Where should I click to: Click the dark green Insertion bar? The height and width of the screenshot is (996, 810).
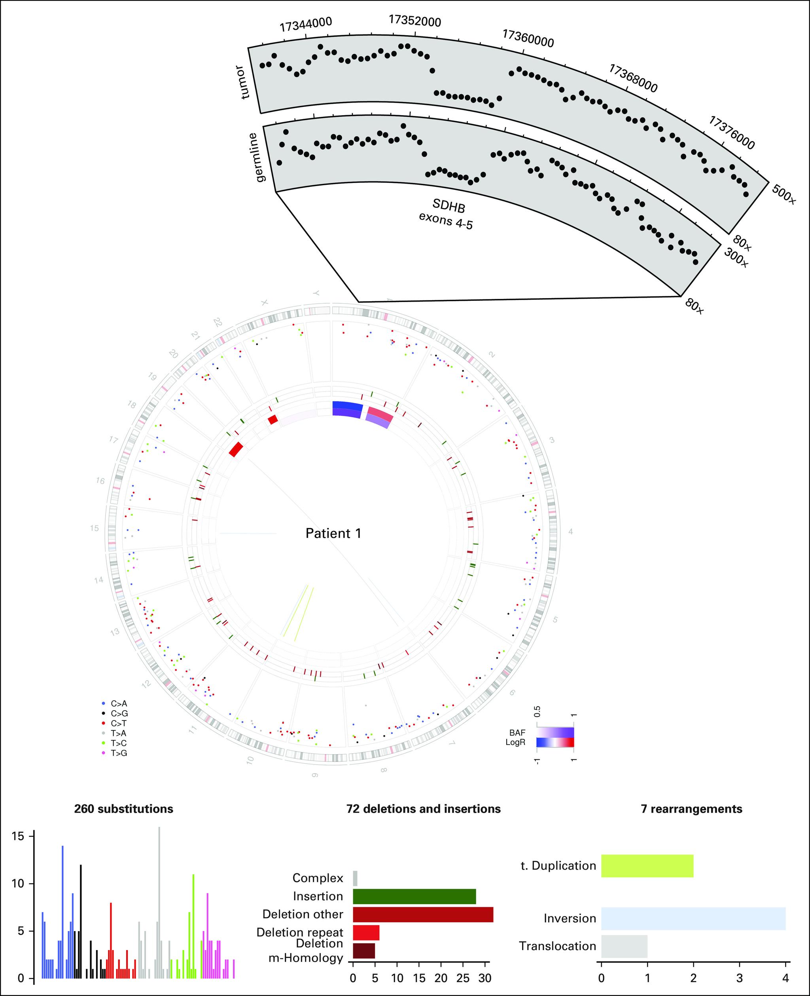[x=414, y=896]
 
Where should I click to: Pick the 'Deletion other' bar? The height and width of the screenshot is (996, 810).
[x=423, y=914]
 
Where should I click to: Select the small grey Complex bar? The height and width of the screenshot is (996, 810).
[x=355, y=878]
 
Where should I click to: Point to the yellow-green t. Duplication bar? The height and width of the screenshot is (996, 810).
[x=647, y=866]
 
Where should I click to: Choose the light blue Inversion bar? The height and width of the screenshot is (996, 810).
[x=693, y=918]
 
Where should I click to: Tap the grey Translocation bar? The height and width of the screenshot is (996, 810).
[x=624, y=946]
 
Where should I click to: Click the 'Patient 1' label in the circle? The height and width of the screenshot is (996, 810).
[x=333, y=533]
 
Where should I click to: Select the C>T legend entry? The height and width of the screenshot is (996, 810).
[x=119, y=723]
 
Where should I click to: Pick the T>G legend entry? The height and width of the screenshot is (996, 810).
[x=119, y=753]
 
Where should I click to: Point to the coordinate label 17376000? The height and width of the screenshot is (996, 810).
[x=731, y=133]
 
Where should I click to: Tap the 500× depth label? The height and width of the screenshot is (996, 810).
[x=784, y=194]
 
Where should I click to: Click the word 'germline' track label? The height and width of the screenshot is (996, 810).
[x=257, y=158]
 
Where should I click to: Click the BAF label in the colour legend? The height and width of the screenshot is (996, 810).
[x=517, y=733]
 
